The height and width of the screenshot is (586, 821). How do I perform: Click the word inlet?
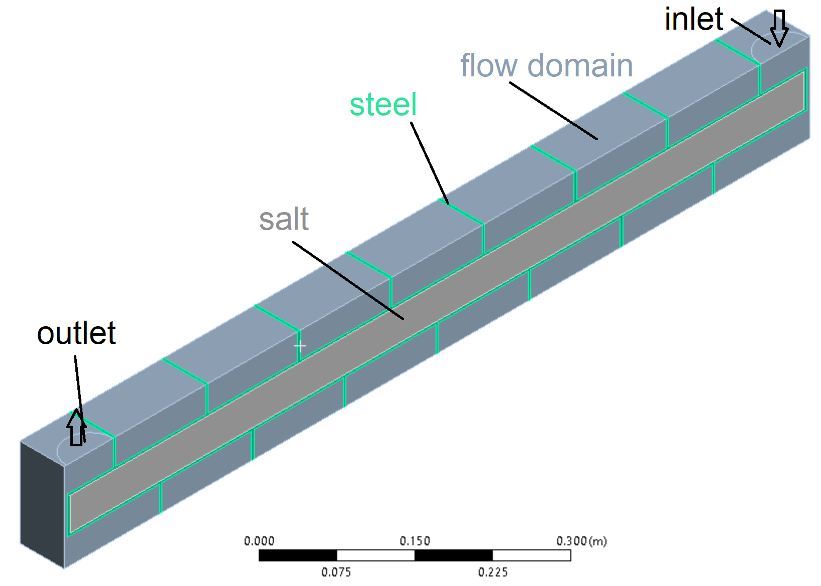click(x=693, y=20)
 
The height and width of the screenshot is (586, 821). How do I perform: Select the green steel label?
click(x=383, y=105)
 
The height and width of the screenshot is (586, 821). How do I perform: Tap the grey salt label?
click(x=284, y=220)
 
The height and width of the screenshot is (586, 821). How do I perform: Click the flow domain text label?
click(x=546, y=66)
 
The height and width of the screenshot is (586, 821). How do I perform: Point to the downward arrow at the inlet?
click(x=779, y=28)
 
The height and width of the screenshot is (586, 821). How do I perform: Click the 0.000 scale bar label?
click(x=259, y=541)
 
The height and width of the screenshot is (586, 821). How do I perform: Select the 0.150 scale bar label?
click(x=415, y=541)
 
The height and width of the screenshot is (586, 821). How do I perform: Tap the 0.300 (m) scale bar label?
click(x=581, y=541)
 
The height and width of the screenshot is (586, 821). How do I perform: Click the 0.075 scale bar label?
click(x=336, y=572)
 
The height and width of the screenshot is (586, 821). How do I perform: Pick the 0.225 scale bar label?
click(x=492, y=572)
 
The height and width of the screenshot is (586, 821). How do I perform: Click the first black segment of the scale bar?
click(x=298, y=555)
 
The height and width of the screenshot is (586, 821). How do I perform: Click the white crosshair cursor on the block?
click(x=299, y=346)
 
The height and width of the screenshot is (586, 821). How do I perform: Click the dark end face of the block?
click(x=42, y=503)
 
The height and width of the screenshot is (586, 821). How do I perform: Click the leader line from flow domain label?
click(x=553, y=111)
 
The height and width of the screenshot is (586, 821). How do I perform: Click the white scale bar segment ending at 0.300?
click(x=532, y=555)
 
